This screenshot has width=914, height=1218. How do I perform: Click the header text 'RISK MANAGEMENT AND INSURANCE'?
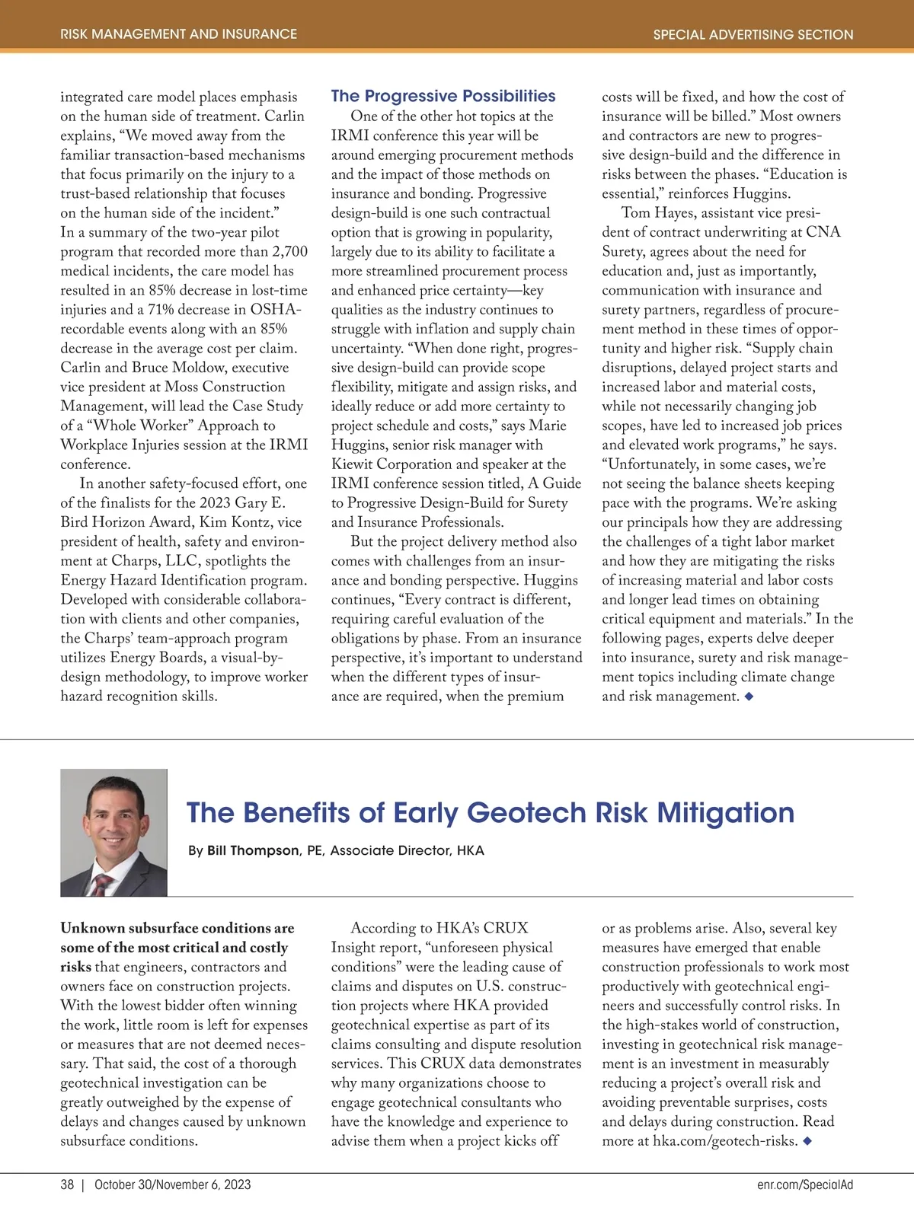(178, 34)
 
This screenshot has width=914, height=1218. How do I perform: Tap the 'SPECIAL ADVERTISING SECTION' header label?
(753, 34)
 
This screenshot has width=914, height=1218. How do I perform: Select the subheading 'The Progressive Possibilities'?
(443, 96)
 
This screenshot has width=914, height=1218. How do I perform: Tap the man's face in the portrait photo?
(112, 818)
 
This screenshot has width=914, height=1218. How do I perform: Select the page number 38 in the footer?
(67, 1185)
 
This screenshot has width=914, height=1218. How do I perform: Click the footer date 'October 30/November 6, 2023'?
(172, 1185)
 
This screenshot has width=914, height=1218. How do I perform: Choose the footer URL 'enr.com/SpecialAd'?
(805, 1185)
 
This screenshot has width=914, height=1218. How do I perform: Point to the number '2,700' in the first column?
(289, 251)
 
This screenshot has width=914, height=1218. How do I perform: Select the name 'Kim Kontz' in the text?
(228, 522)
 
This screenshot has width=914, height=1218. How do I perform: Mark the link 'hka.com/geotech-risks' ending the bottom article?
(724, 1141)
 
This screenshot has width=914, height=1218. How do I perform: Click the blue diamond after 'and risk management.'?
(749, 697)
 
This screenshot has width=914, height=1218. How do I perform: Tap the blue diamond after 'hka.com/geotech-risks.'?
(807, 1141)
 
